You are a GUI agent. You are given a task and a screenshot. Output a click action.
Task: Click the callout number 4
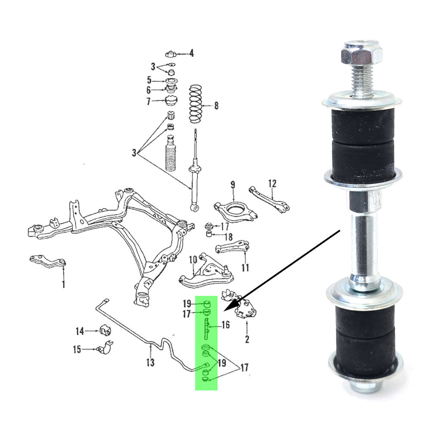(191, 53)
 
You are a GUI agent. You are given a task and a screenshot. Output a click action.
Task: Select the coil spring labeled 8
(196, 104)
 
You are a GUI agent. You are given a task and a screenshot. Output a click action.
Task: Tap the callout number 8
(216, 105)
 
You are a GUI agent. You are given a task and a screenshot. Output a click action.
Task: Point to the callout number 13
(150, 362)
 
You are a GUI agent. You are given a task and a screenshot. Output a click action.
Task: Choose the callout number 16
(225, 325)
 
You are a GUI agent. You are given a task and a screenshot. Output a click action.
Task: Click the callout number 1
(63, 284)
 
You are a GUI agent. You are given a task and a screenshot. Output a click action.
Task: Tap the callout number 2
(247, 339)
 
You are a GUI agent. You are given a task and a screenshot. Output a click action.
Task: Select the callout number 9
(233, 184)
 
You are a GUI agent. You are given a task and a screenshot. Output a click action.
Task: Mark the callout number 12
(272, 184)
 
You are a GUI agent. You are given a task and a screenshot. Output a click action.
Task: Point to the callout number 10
(193, 259)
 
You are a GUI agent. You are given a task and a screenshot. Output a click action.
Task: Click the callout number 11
(245, 267)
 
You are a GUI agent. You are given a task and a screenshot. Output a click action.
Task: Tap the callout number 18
(228, 236)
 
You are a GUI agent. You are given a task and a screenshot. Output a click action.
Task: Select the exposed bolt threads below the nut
(362, 82)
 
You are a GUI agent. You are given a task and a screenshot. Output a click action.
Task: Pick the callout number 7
(148, 101)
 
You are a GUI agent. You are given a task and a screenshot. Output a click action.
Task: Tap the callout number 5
(149, 80)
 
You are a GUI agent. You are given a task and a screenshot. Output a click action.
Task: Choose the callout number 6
(148, 90)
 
